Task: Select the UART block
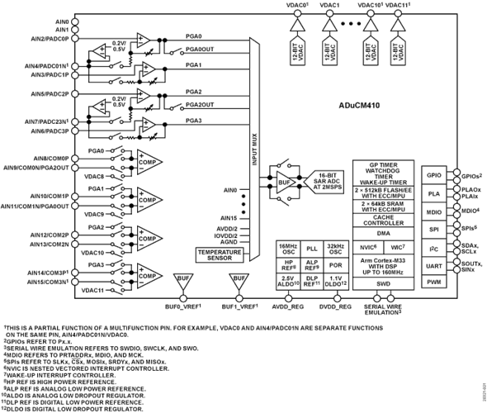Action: (x=430, y=265)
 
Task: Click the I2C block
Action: (x=430, y=248)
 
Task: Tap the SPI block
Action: (x=430, y=230)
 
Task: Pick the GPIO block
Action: (x=430, y=174)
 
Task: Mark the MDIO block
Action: (x=430, y=211)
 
